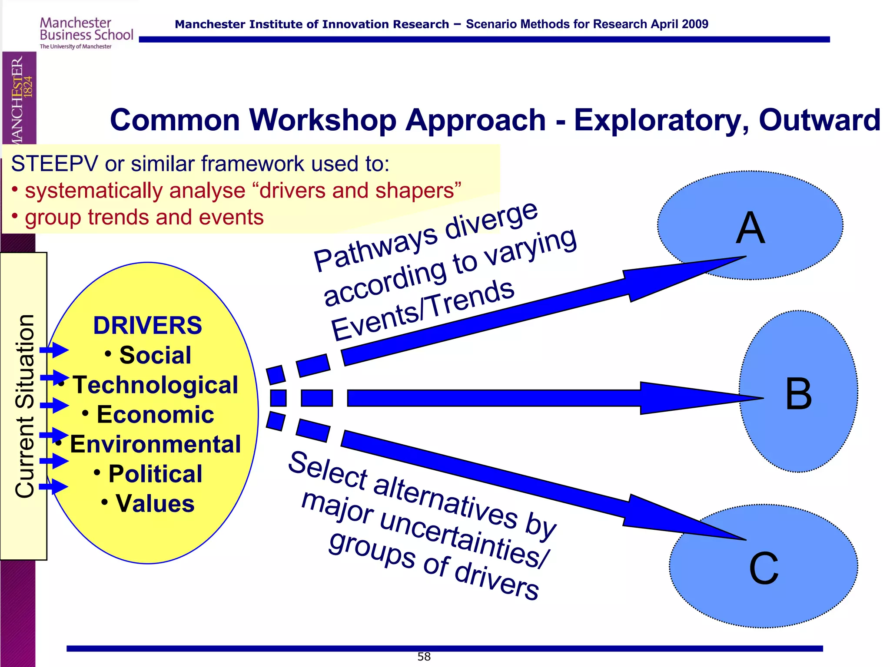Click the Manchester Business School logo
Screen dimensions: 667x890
[86, 33]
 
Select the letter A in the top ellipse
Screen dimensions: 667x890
[750, 228]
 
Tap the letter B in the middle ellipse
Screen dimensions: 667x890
[799, 394]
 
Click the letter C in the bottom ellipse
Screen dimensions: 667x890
[764, 568]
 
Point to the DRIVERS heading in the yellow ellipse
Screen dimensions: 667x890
[148, 326]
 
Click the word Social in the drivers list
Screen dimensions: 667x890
[155, 355]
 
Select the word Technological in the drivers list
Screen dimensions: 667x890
[155, 385]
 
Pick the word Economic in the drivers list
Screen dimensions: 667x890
[155, 415]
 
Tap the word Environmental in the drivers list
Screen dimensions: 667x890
[155, 444]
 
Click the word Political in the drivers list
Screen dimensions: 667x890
[155, 474]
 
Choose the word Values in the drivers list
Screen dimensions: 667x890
[155, 504]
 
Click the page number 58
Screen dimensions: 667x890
[424, 657]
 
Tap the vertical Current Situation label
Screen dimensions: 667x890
[24, 406]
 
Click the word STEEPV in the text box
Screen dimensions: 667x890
[55, 164]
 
